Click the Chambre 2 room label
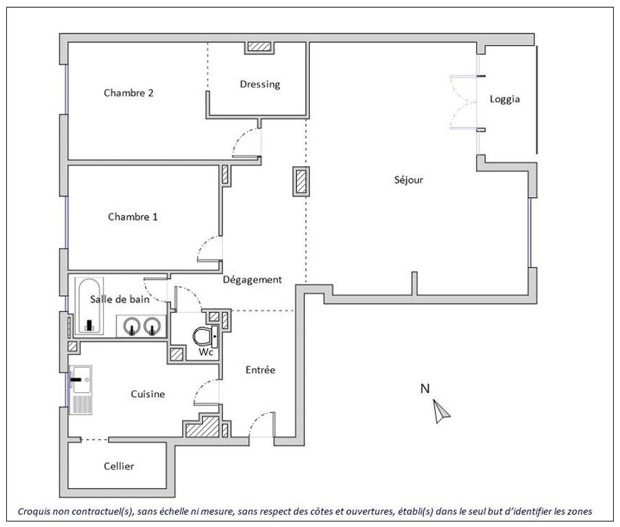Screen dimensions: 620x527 [128, 93]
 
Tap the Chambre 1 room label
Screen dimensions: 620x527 [133, 216]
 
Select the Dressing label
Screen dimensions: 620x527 [260, 84]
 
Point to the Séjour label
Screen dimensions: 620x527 [409, 180]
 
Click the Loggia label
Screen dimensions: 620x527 [505, 99]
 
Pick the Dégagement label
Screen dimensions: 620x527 [252, 280]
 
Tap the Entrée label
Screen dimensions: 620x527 [260, 370]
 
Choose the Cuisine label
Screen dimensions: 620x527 [148, 394]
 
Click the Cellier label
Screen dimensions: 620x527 [118, 466]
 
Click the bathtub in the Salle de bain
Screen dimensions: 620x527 [89, 306]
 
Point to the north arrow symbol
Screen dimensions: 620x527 [441, 412]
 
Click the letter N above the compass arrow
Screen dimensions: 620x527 [425, 389]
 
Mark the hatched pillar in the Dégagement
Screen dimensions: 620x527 [301, 182]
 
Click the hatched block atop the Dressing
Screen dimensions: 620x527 [259, 46]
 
